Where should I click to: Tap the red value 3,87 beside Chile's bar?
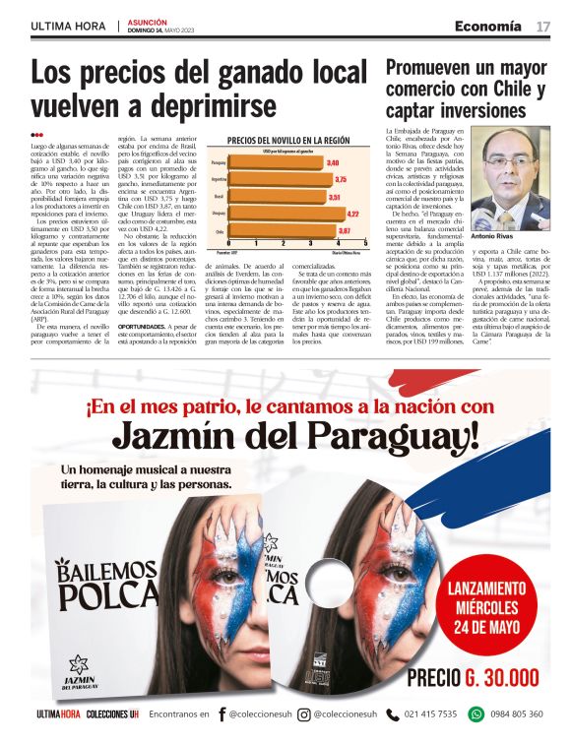[x=345, y=230]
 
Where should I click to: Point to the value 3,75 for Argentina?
[x=341, y=180]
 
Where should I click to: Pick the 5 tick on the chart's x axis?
[x=365, y=243]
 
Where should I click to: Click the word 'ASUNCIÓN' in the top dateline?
[x=150, y=21]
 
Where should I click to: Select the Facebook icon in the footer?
[x=222, y=714]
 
